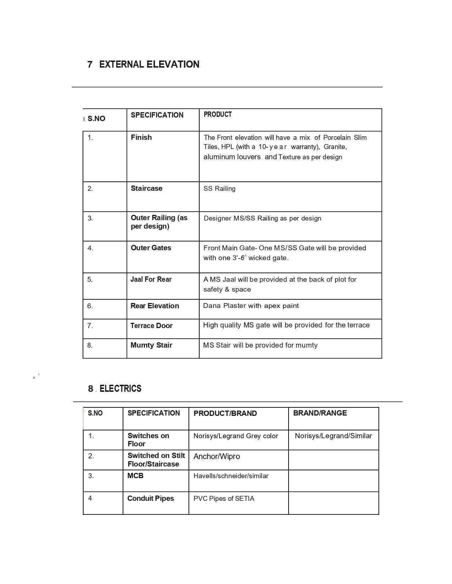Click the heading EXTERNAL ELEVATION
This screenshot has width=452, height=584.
click(149, 64)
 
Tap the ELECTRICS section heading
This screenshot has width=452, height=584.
click(120, 389)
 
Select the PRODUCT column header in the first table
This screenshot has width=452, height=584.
click(218, 114)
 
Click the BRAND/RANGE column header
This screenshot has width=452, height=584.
click(320, 413)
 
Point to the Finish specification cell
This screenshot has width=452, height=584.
click(141, 137)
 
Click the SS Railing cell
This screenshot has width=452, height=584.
click(219, 189)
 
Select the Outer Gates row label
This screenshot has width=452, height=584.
click(151, 248)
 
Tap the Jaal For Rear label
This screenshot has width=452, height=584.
click(151, 279)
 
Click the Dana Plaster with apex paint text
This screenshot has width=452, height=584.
click(251, 306)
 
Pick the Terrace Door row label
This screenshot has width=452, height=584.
click(151, 326)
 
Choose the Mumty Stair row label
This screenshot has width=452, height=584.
click(151, 345)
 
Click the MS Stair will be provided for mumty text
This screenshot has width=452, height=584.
click(260, 345)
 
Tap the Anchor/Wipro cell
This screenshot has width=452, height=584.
click(217, 457)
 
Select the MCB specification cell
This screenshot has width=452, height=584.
click(135, 476)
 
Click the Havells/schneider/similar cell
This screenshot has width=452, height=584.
click(231, 476)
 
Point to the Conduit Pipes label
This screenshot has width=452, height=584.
click(151, 498)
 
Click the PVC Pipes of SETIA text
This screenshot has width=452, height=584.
click(224, 499)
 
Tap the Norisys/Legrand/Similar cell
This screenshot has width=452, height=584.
click(333, 436)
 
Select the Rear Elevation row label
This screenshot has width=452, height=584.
click(155, 306)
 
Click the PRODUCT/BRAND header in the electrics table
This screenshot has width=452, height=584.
click(225, 413)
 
